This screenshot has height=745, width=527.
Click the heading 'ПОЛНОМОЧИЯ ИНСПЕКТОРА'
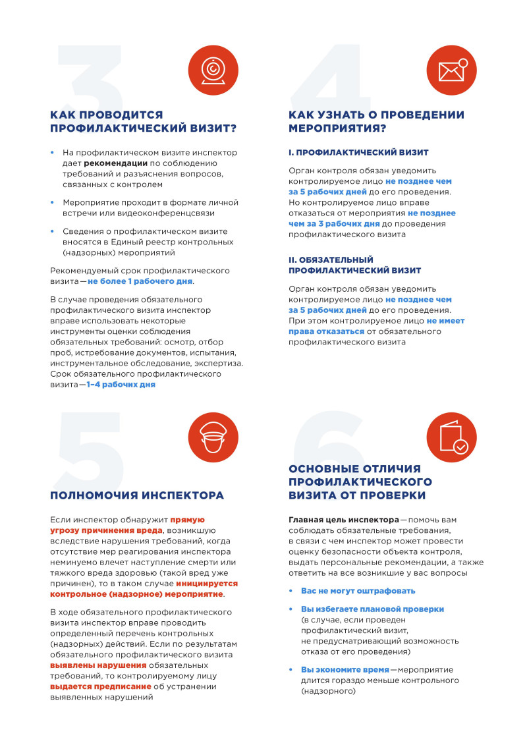[x=137, y=495]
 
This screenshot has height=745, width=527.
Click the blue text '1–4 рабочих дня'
[x=121, y=384]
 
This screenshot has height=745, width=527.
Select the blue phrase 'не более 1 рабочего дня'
[x=140, y=281]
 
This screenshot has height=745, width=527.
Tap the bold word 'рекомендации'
[x=115, y=163]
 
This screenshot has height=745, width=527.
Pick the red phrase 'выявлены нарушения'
[x=98, y=665]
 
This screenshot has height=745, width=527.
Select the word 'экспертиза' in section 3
[x=217, y=363]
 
